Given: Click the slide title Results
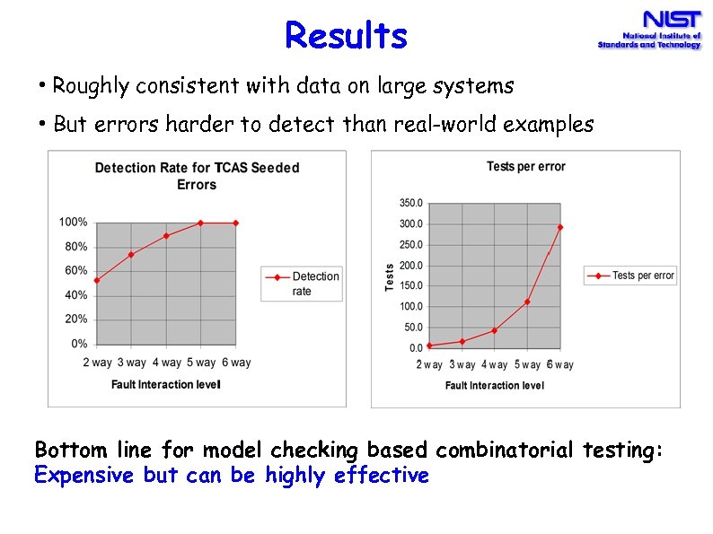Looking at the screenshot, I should click(x=346, y=36).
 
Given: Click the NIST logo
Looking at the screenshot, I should click(x=649, y=30).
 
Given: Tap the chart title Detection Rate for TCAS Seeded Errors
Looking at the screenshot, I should click(x=197, y=175).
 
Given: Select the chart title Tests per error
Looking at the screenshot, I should click(x=525, y=166).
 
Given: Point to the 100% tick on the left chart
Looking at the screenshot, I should click(x=73, y=222).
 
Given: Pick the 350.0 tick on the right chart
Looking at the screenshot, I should click(x=410, y=203).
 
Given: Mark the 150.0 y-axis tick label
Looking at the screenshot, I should click(x=410, y=285).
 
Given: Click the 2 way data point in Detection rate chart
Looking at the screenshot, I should click(x=96, y=280).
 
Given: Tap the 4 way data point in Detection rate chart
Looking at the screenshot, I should click(x=166, y=236).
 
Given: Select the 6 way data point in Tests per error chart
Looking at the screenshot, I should click(x=560, y=227).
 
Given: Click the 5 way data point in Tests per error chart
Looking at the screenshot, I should click(x=527, y=302).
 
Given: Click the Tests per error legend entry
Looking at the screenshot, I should click(x=630, y=276).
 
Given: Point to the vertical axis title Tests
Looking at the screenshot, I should click(x=390, y=276).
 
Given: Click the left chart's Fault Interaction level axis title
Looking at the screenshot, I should click(x=165, y=384).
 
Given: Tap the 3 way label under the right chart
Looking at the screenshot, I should click(x=462, y=364).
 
